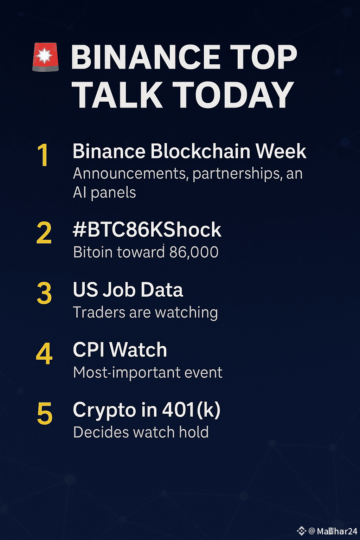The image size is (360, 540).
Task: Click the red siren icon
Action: click(46, 57)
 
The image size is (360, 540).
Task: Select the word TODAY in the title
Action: click(233, 95)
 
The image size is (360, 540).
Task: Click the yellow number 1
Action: click(43, 155)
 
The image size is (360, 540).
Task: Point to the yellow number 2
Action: click(44, 233)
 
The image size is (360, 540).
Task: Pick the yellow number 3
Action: click(44, 293)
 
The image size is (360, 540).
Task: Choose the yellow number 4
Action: click(44, 353)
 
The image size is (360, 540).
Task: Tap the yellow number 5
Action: click(45, 413)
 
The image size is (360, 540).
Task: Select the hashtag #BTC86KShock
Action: click(147, 230)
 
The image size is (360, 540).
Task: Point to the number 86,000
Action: click(194, 252)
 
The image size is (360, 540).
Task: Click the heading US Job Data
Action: click(128, 290)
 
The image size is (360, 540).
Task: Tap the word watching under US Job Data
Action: click(186, 313)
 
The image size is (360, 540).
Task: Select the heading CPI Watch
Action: click(120, 350)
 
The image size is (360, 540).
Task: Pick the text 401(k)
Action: click(191, 410)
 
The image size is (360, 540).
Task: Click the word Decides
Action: click(101, 432)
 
